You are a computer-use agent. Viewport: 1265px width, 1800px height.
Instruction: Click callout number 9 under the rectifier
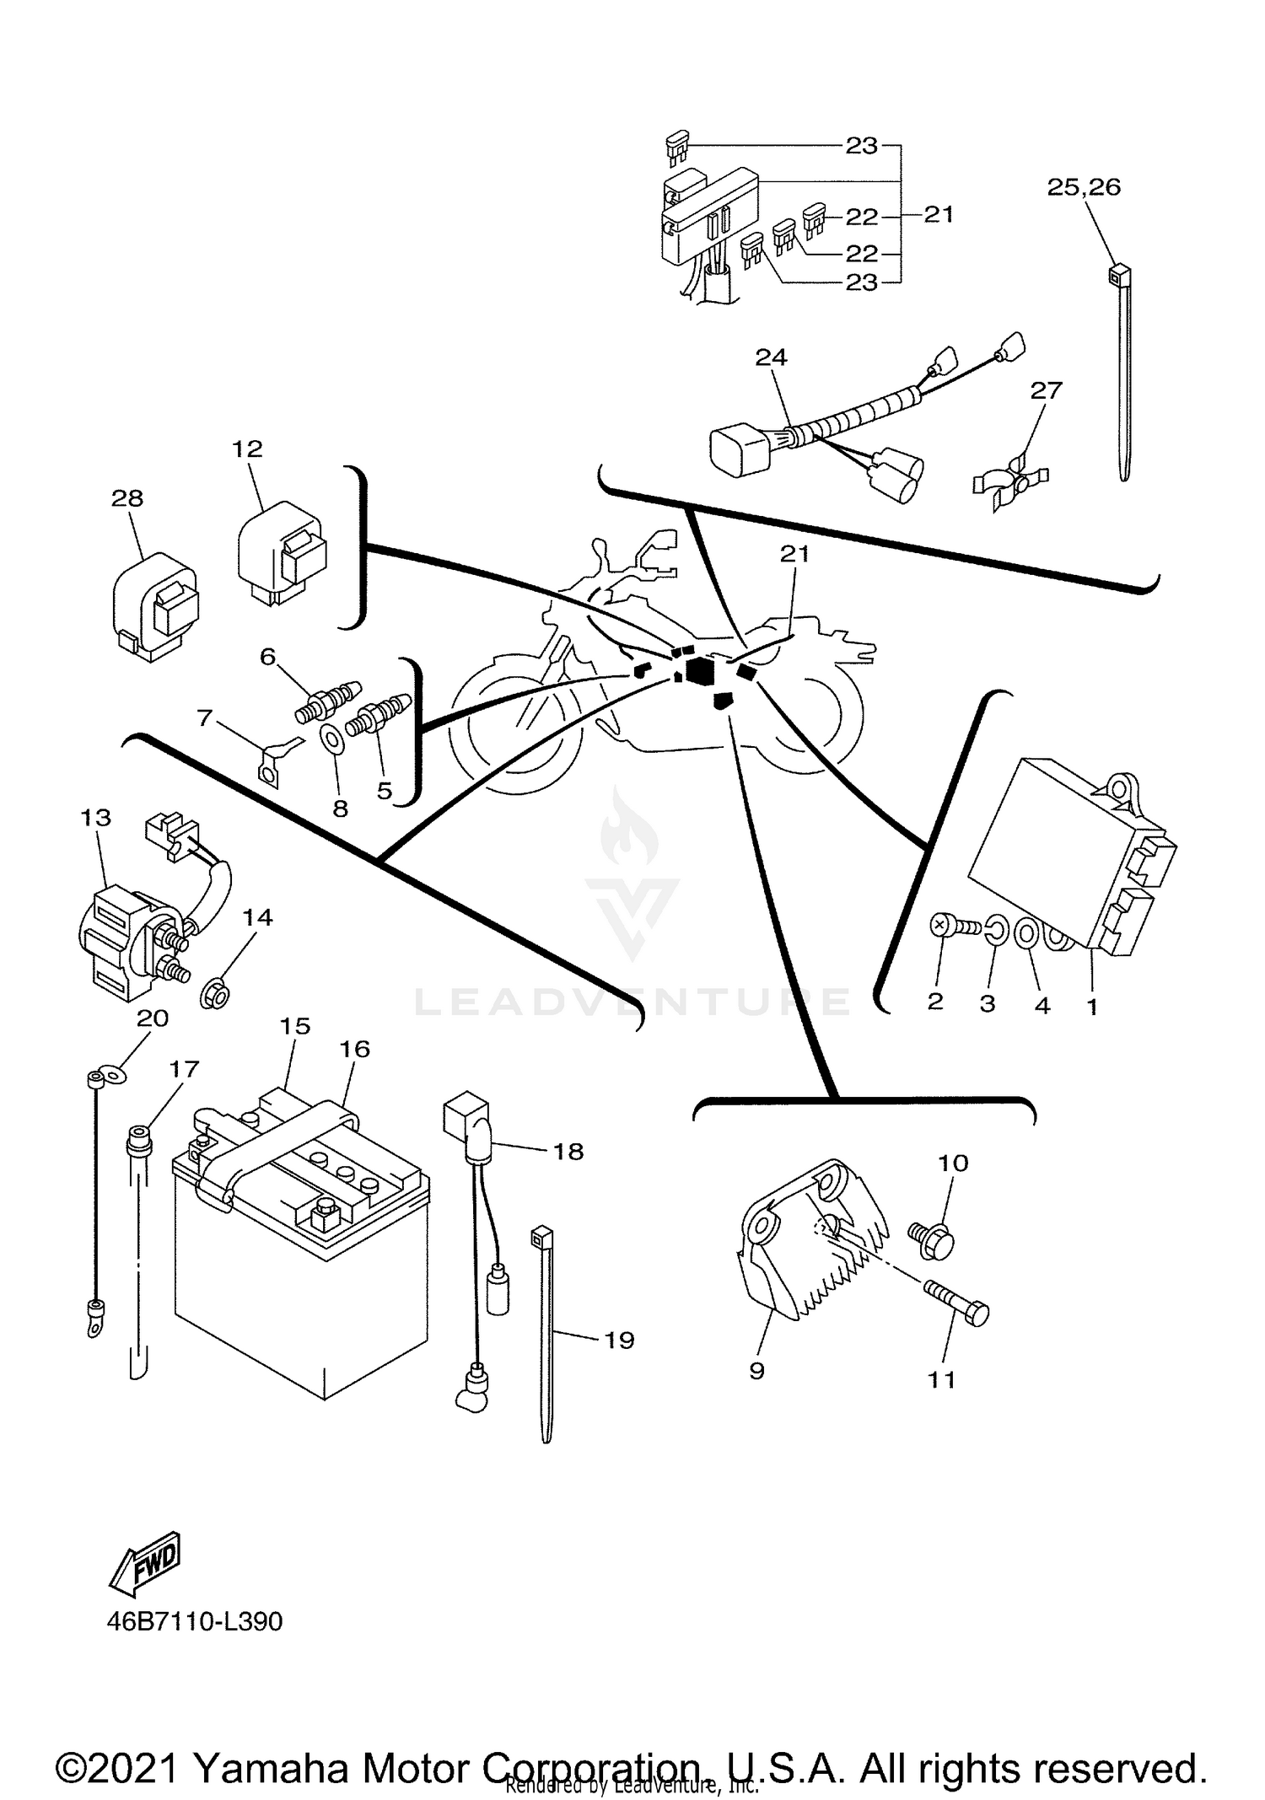[756, 1371]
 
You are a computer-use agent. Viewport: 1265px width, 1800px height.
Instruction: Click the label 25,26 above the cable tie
[1084, 187]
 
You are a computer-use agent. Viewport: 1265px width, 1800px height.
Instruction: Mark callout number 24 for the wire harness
[770, 357]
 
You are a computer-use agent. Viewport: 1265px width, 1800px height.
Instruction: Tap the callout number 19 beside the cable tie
[620, 1340]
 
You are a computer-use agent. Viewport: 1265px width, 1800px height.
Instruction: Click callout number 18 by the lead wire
[568, 1151]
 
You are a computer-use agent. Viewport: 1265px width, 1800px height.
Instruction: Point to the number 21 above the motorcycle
[794, 553]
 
